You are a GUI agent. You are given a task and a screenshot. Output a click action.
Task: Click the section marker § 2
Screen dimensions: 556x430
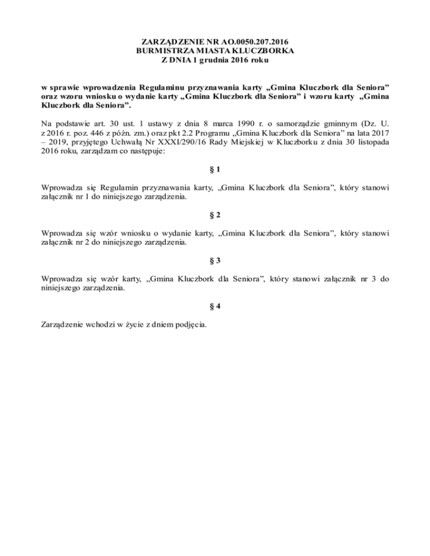coord(214,215)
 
